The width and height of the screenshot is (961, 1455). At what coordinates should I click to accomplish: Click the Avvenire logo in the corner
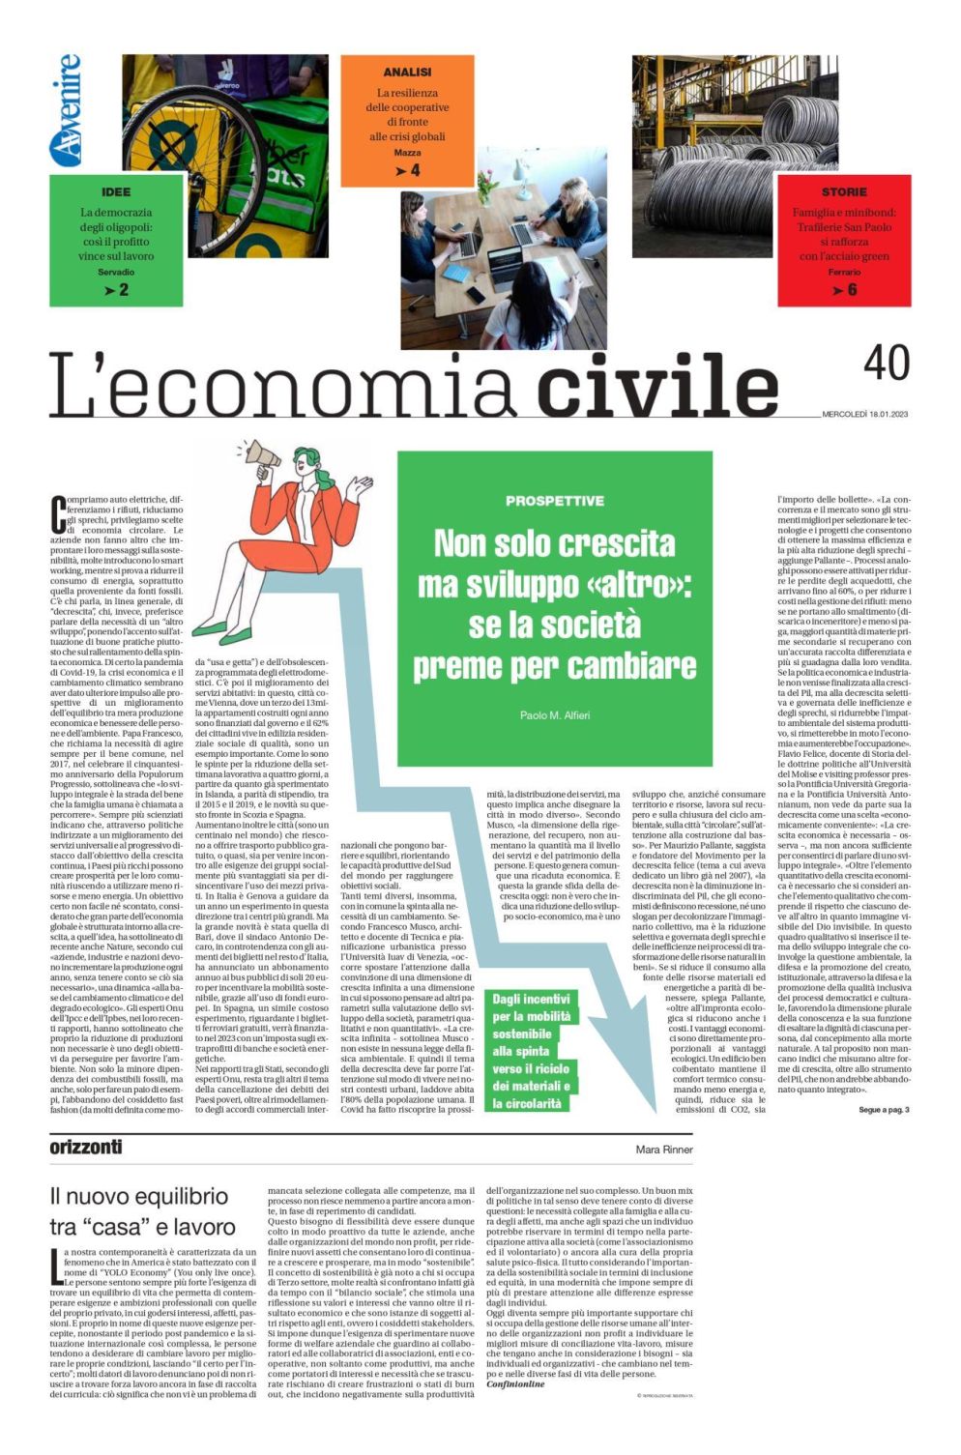(66, 109)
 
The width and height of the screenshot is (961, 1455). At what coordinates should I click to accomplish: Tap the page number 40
(886, 364)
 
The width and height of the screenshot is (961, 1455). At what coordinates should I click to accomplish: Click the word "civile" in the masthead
(656, 384)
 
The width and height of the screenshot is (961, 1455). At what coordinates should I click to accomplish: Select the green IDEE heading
(115, 191)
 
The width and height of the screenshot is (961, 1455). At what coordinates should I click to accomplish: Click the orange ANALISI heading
(407, 72)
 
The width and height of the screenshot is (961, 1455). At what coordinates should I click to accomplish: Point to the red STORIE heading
(844, 191)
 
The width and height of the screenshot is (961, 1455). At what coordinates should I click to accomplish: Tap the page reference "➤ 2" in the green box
(116, 290)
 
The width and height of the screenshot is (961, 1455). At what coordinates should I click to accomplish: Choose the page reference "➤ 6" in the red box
(844, 289)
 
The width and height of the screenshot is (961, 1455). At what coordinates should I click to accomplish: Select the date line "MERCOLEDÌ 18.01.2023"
(865, 415)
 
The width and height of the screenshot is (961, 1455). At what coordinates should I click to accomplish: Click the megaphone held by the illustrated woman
(259, 458)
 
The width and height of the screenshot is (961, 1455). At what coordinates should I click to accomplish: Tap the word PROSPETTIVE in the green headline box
(554, 501)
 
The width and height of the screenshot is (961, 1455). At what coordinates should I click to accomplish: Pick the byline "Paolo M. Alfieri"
(554, 715)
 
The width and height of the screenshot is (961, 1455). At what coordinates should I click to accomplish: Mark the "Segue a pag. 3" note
(884, 1109)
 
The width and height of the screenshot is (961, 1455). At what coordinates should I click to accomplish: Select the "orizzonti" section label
(86, 1148)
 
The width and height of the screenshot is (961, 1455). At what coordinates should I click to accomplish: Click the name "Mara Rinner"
(663, 1149)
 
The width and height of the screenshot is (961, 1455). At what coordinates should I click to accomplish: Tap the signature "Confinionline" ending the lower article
(515, 1384)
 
